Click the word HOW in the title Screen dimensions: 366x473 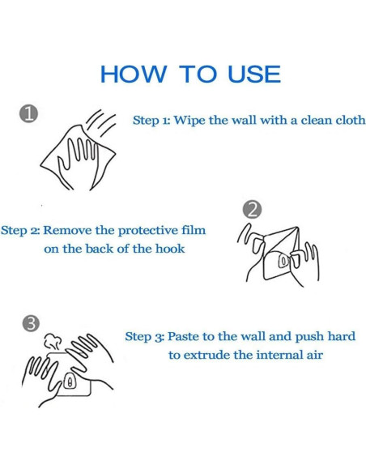pyautogui.click(x=134, y=74)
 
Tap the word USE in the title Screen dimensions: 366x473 pyautogui.click(x=254, y=74)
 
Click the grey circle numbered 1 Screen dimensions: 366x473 pyautogui.click(x=28, y=114)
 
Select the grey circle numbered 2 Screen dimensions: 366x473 pyautogui.click(x=252, y=209)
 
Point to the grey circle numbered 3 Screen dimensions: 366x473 pyautogui.click(x=31, y=324)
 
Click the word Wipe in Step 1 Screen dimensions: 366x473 pyautogui.click(x=189, y=121)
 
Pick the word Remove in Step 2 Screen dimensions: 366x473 pyautogui.click(x=67, y=231)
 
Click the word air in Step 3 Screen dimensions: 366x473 pyautogui.click(x=315, y=355)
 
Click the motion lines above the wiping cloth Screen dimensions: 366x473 pyautogui.click(x=101, y=123)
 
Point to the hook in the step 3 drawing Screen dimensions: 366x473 pyautogui.click(x=70, y=381)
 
